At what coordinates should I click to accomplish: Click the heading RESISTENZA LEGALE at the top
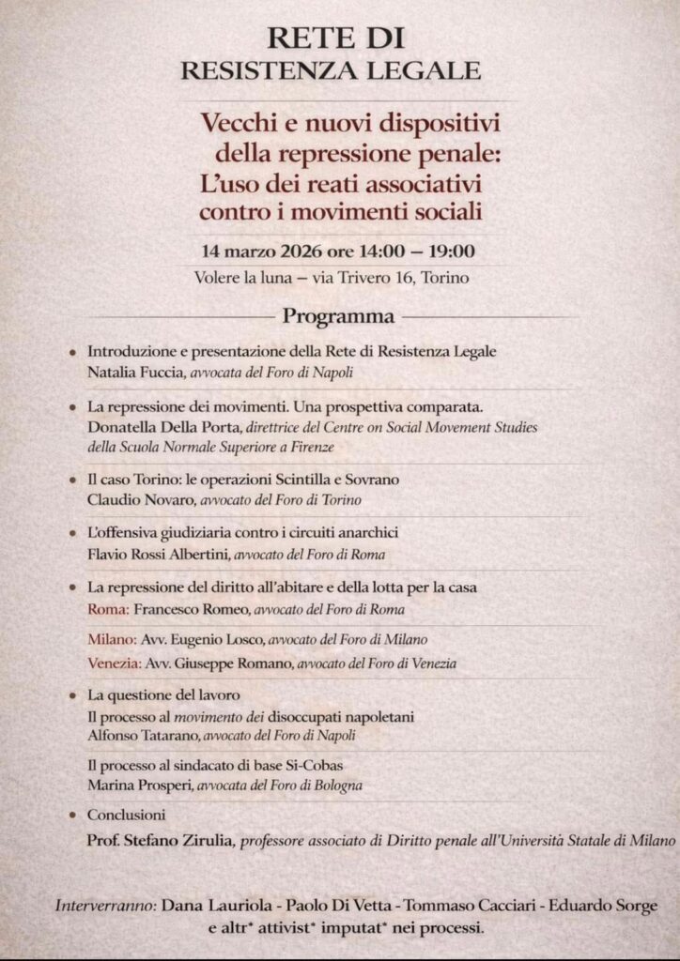coord(331,69)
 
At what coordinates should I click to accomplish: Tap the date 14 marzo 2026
coord(262,252)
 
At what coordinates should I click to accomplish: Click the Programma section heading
coord(339,316)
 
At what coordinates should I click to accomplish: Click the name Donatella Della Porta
coord(158,427)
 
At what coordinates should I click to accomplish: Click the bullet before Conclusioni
coord(72,816)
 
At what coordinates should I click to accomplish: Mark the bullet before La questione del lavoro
coord(72,697)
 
